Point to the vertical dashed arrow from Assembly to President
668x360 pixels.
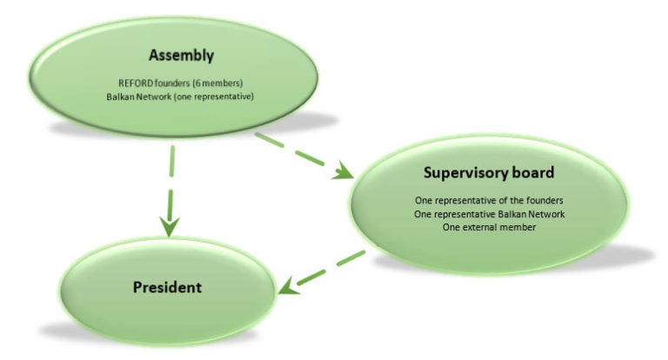(x=170, y=187)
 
